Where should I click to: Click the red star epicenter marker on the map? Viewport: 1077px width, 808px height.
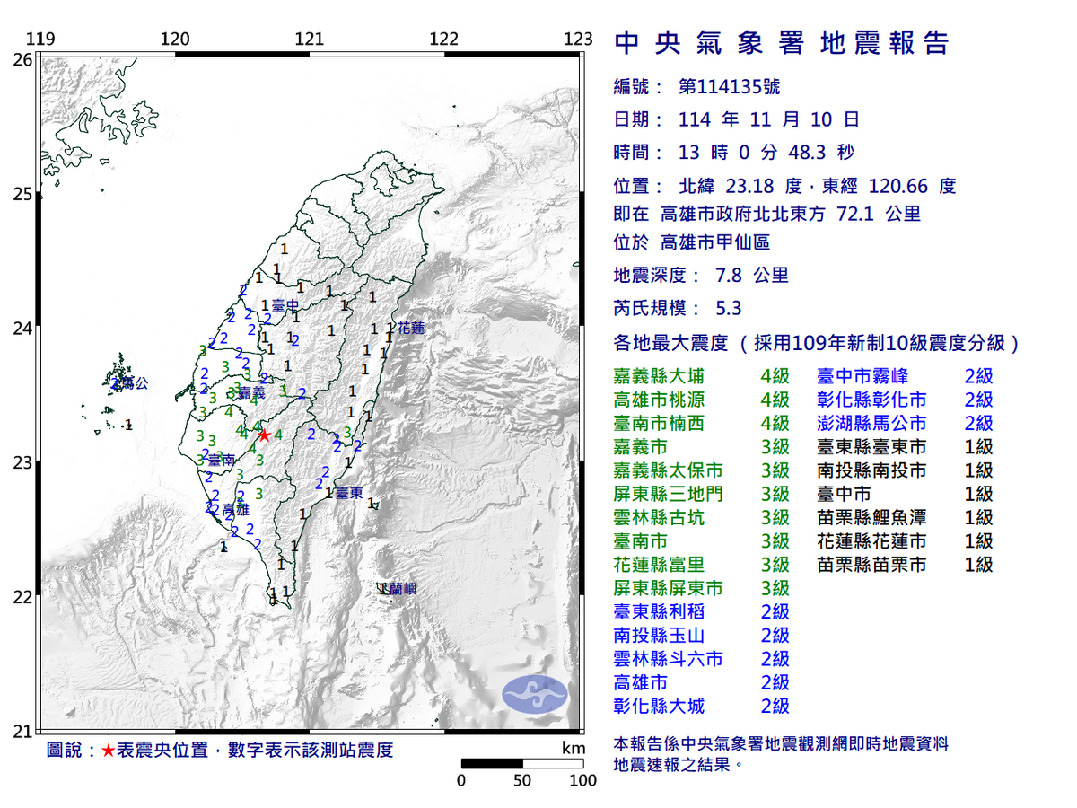(264, 435)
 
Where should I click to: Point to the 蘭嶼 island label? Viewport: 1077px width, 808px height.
(399, 589)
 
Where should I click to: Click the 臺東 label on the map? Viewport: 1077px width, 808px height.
(349, 493)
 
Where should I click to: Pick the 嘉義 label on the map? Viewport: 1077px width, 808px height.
(252, 393)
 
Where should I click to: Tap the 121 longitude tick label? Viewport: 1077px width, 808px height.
(309, 40)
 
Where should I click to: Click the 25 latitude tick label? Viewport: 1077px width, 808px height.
(22, 195)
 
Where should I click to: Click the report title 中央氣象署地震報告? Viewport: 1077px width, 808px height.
(781, 43)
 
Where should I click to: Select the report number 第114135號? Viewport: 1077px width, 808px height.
(729, 87)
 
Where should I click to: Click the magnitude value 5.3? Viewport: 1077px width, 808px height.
(728, 308)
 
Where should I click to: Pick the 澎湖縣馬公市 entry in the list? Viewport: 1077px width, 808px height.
(871, 423)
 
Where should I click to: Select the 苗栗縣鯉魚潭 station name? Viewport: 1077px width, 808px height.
(871, 517)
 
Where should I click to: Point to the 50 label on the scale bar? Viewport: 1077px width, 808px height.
(522, 780)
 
